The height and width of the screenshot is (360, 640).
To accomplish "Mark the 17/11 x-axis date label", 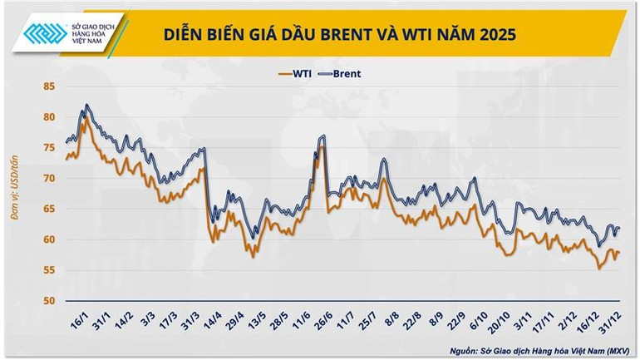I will tap(544, 320).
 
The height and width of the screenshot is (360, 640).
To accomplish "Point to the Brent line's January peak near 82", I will tap(86, 106).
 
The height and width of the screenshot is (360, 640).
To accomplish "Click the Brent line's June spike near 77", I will tap(322, 136).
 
